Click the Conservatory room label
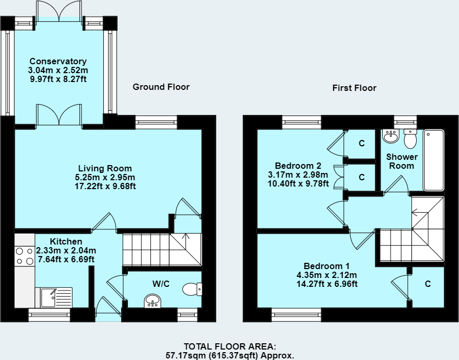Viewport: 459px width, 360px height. (58, 61)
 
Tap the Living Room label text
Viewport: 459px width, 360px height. (105, 168)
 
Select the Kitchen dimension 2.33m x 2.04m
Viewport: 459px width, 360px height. (66, 250)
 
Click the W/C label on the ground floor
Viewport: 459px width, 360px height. (161, 284)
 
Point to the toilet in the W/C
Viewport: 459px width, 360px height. (192, 289)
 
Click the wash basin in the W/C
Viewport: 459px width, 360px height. (152, 301)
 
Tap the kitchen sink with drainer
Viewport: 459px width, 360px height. (54, 297)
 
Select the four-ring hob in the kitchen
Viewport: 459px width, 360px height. (25, 256)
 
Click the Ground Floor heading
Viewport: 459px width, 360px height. (161, 87)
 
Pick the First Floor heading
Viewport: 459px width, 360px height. (354, 88)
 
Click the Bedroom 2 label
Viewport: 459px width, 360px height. (298, 166)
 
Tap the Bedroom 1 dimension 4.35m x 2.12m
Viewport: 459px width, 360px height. (327, 275)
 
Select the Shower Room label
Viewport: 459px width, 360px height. (402, 161)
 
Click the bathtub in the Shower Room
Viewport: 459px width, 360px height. (433, 160)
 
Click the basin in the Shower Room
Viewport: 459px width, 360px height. (391, 136)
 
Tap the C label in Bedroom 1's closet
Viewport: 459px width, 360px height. (428, 284)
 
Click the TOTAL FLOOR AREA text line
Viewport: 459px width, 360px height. (230, 346)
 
